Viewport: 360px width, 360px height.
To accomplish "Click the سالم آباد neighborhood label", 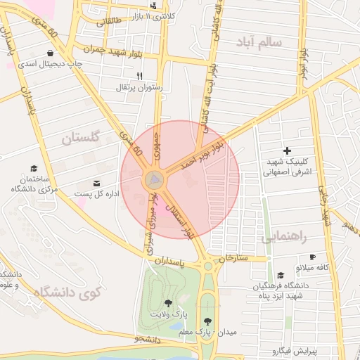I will tap(261, 42).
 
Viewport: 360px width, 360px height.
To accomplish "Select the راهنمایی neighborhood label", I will tap(284, 238).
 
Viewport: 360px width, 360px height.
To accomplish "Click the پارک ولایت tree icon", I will tap(169, 302).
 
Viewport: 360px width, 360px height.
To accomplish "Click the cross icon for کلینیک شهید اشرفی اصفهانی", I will tap(287, 150).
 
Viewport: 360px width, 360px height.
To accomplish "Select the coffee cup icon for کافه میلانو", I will tap(311, 257).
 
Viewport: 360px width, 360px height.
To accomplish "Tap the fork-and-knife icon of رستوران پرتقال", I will tap(139, 77).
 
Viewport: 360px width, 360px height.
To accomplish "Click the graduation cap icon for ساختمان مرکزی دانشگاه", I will tap(34, 168).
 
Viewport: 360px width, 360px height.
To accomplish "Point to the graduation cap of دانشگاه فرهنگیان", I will tap(281, 276).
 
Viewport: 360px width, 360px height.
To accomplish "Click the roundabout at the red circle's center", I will tap(155, 181).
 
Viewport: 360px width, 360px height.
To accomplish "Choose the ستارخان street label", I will tap(234, 259).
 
